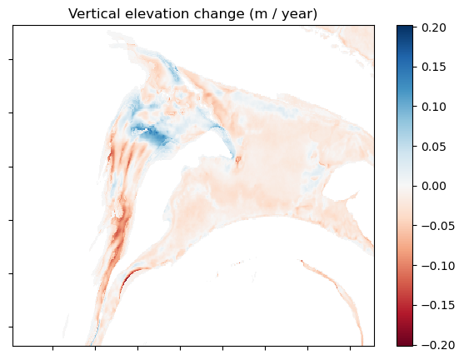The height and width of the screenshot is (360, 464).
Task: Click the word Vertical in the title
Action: tap(92, 14)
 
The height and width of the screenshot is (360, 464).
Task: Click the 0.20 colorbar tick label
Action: tap(435, 27)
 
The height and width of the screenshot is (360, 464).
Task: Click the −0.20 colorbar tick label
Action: tap(432, 345)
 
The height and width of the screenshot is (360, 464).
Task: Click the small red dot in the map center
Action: tap(238, 159)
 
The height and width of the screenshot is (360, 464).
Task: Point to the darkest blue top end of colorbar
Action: tap(404, 28)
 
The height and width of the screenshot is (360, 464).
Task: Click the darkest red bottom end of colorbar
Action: tap(404, 342)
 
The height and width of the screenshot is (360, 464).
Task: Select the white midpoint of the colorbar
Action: tap(404, 186)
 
